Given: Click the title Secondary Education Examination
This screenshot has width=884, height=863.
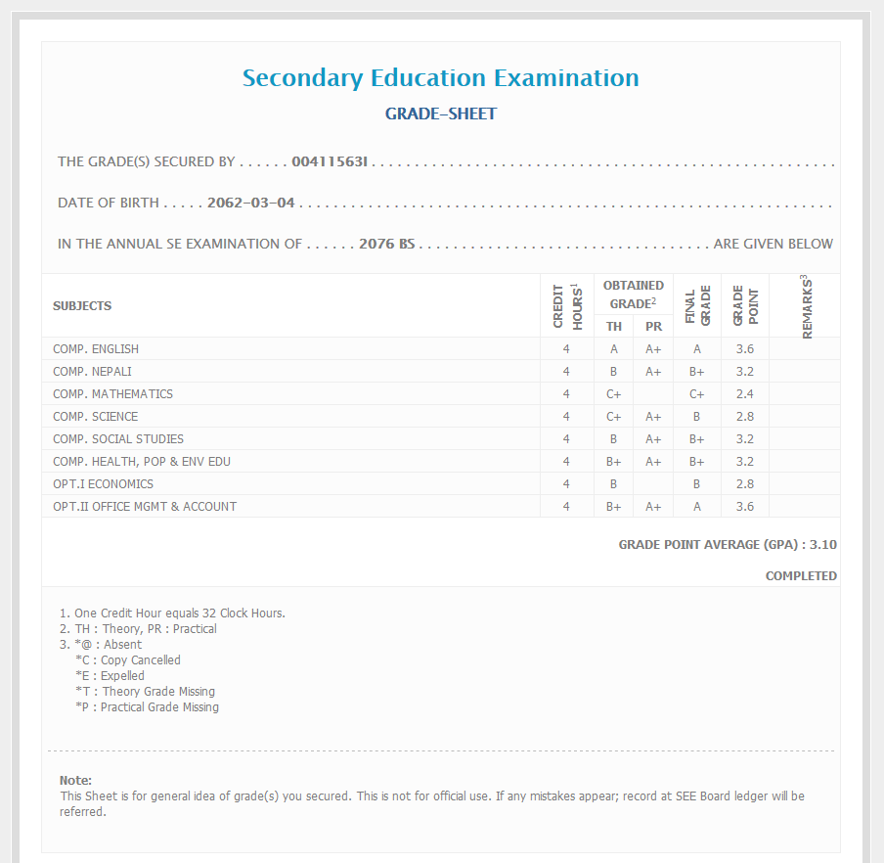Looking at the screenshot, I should [440, 78].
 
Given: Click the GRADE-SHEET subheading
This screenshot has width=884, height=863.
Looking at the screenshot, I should [440, 114].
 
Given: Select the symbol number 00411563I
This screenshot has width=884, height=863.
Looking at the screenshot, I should [329, 161].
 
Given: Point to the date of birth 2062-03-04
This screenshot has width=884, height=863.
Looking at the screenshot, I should [251, 204].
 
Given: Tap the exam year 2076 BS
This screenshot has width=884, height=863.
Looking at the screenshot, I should [387, 244].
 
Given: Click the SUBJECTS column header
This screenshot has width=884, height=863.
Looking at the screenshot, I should [82, 306].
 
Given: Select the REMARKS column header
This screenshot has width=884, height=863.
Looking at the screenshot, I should [807, 307].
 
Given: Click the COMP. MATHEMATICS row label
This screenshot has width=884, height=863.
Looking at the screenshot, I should [112, 394].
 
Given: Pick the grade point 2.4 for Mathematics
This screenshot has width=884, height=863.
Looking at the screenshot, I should [744, 394].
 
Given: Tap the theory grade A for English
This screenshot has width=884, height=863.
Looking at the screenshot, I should [613, 349].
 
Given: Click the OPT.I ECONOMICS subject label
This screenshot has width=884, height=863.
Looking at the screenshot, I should [103, 484].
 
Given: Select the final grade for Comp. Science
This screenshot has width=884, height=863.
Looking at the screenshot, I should [696, 417].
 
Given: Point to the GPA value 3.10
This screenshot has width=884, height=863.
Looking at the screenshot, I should [823, 545].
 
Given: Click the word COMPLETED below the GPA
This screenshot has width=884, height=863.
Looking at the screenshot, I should [801, 576].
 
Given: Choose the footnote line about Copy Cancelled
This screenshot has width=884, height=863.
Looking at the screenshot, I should [128, 660].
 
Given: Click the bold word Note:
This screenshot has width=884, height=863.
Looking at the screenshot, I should [75, 780].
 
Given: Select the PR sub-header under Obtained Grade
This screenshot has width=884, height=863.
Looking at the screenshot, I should [653, 327].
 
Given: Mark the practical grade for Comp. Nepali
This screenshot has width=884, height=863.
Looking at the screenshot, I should [653, 372].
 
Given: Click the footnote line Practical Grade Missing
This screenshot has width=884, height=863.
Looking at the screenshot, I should [147, 707].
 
